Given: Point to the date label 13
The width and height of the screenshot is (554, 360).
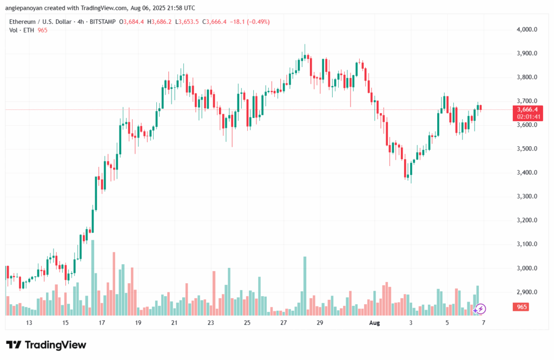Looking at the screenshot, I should coord(29,323).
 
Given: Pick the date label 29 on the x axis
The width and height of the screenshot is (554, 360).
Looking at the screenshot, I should coord(320,323).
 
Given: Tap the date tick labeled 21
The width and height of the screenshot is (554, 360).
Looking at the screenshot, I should coord(174,323).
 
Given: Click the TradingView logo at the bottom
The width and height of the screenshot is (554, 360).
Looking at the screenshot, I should coord(46,345).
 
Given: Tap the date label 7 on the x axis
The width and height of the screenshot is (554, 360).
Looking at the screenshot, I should coord(483,323).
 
